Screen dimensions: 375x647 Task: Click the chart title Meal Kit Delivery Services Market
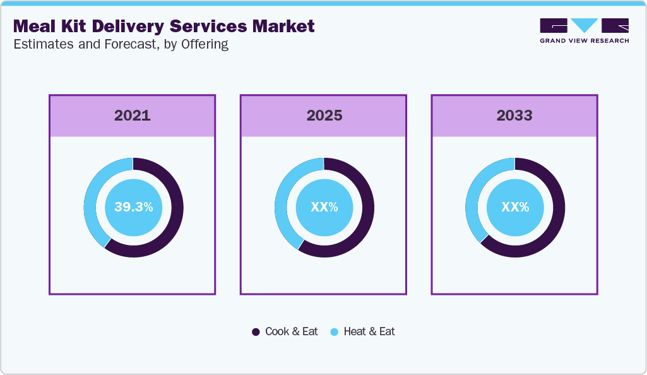pos(163,27)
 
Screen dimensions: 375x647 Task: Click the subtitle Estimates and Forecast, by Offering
pos(121,44)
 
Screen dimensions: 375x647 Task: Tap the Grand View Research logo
pos(584,30)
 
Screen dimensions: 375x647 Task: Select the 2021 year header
pos(133,116)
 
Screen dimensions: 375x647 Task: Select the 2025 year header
pos(324,116)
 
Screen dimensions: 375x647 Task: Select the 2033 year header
pos(514,116)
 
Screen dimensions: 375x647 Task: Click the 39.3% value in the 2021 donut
pos(133,207)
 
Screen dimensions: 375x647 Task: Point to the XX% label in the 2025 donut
pos(324,207)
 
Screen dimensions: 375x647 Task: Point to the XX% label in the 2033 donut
pos(514,207)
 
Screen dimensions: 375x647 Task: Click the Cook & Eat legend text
pos(291,331)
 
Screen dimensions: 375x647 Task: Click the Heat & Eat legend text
pos(369,331)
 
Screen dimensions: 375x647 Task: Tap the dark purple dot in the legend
pos(256,332)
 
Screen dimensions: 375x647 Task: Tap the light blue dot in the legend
pos(334,332)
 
